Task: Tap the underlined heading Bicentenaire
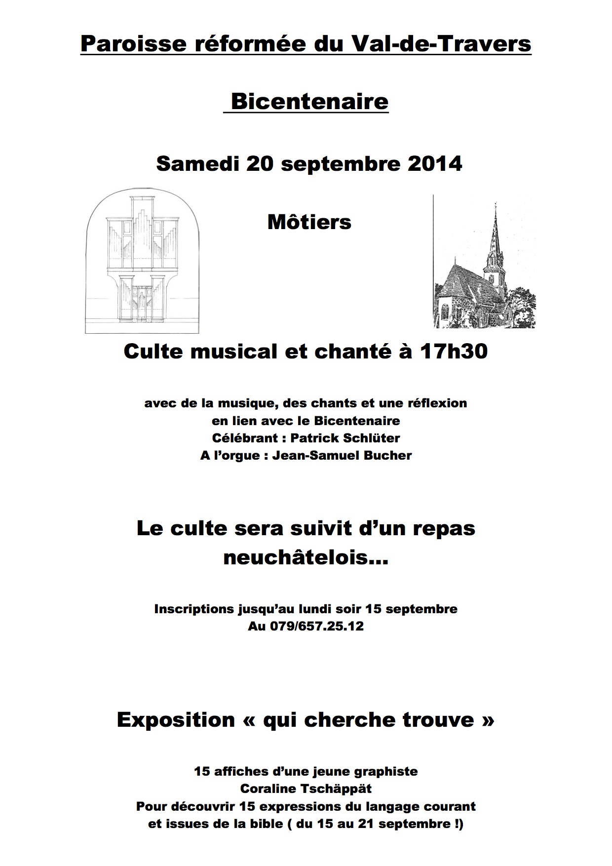(x=309, y=102)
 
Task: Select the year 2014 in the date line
(x=435, y=164)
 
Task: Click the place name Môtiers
(x=309, y=222)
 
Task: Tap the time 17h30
(x=454, y=351)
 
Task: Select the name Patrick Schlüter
(x=345, y=438)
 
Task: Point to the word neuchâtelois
(x=306, y=558)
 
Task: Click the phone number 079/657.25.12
(x=317, y=626)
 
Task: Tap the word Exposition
(x=176, y=720)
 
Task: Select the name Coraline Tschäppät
(x=306, y=788)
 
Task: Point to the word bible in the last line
(x=346, y=824)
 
